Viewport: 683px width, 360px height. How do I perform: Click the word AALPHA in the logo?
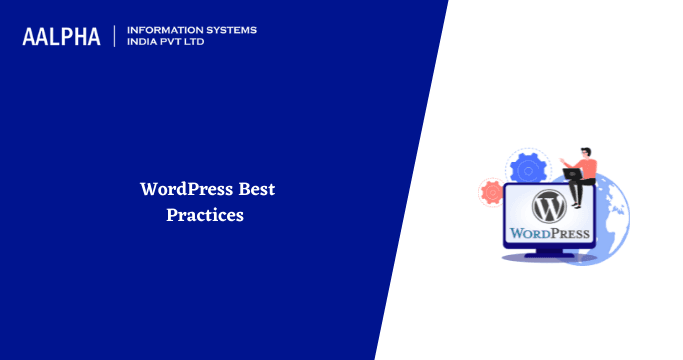pyautogui.click(x=61, y=37)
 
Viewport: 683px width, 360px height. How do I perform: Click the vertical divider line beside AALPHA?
pyautogui.click(x=115, y=37)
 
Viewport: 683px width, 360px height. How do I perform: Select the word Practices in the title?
pyautogui.click(x=205, y=214)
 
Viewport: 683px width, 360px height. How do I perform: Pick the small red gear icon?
pyautogui.click(x=491, y=191)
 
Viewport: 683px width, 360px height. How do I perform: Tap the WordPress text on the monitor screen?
pyautogui.click(x=550, y=234)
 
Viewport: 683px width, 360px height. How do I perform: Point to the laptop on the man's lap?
pyautogui.click(x=573, y=174)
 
